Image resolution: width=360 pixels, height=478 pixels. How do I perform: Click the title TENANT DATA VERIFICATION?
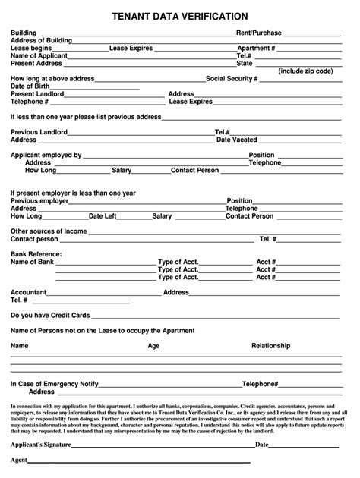point(179,16)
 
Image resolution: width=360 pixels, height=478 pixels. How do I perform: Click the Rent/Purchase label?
point(259,33)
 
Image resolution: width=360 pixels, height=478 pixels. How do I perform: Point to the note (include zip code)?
point(305,71)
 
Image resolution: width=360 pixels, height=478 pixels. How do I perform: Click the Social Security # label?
point(232,79)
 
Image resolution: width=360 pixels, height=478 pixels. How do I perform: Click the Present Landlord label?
point(37,94)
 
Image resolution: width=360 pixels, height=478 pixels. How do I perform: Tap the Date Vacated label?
point(237,140)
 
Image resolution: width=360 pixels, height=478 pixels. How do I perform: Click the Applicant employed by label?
point(46,155)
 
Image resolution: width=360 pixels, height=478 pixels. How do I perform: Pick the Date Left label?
point(103,216)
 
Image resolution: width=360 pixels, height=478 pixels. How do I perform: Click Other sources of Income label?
point(49,231)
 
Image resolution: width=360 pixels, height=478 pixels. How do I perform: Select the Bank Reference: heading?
point(36,254)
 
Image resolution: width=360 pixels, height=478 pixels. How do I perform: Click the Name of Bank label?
point(33,262)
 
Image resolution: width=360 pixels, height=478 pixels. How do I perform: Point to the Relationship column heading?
point(270,345)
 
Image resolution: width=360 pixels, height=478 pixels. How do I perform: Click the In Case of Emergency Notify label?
point(55,384)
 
